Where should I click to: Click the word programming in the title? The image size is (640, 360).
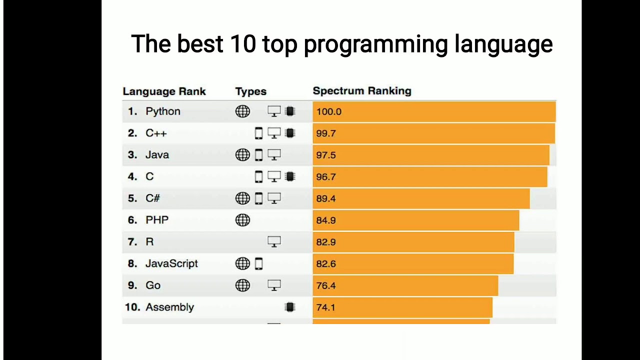(x=375, y=45)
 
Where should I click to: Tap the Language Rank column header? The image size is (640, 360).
(x=164, y=91)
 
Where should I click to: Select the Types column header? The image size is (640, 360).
(x=250, y=91)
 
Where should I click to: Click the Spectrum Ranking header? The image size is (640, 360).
(x=361, y=91)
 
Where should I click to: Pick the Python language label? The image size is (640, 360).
(x=162, y=111)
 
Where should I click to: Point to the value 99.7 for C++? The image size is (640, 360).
(x=326, y=133)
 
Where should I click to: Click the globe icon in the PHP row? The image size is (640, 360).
(x=242, y=220)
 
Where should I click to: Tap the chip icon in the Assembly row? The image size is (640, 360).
(x=289, y=307)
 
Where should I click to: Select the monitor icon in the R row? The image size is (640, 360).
(x=274, y=242)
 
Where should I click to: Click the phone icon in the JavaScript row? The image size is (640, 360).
(x=258, y=263)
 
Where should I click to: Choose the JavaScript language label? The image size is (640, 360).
(x=171, y=263)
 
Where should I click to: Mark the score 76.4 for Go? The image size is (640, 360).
(x=326, y=285)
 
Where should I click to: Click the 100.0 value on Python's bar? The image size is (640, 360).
(x=328, y=111)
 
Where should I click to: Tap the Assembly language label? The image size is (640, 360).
(x=169, y=307)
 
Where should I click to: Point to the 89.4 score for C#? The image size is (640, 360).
(x=326, y=198)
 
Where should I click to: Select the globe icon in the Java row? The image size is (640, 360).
(x=242, y=155)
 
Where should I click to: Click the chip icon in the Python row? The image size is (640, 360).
(x=289, y=111)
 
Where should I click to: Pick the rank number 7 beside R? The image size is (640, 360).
(x=132, y=242)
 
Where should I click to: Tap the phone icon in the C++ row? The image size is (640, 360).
(x=258, y=133)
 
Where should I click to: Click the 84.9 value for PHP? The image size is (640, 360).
(x=326, y=220)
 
